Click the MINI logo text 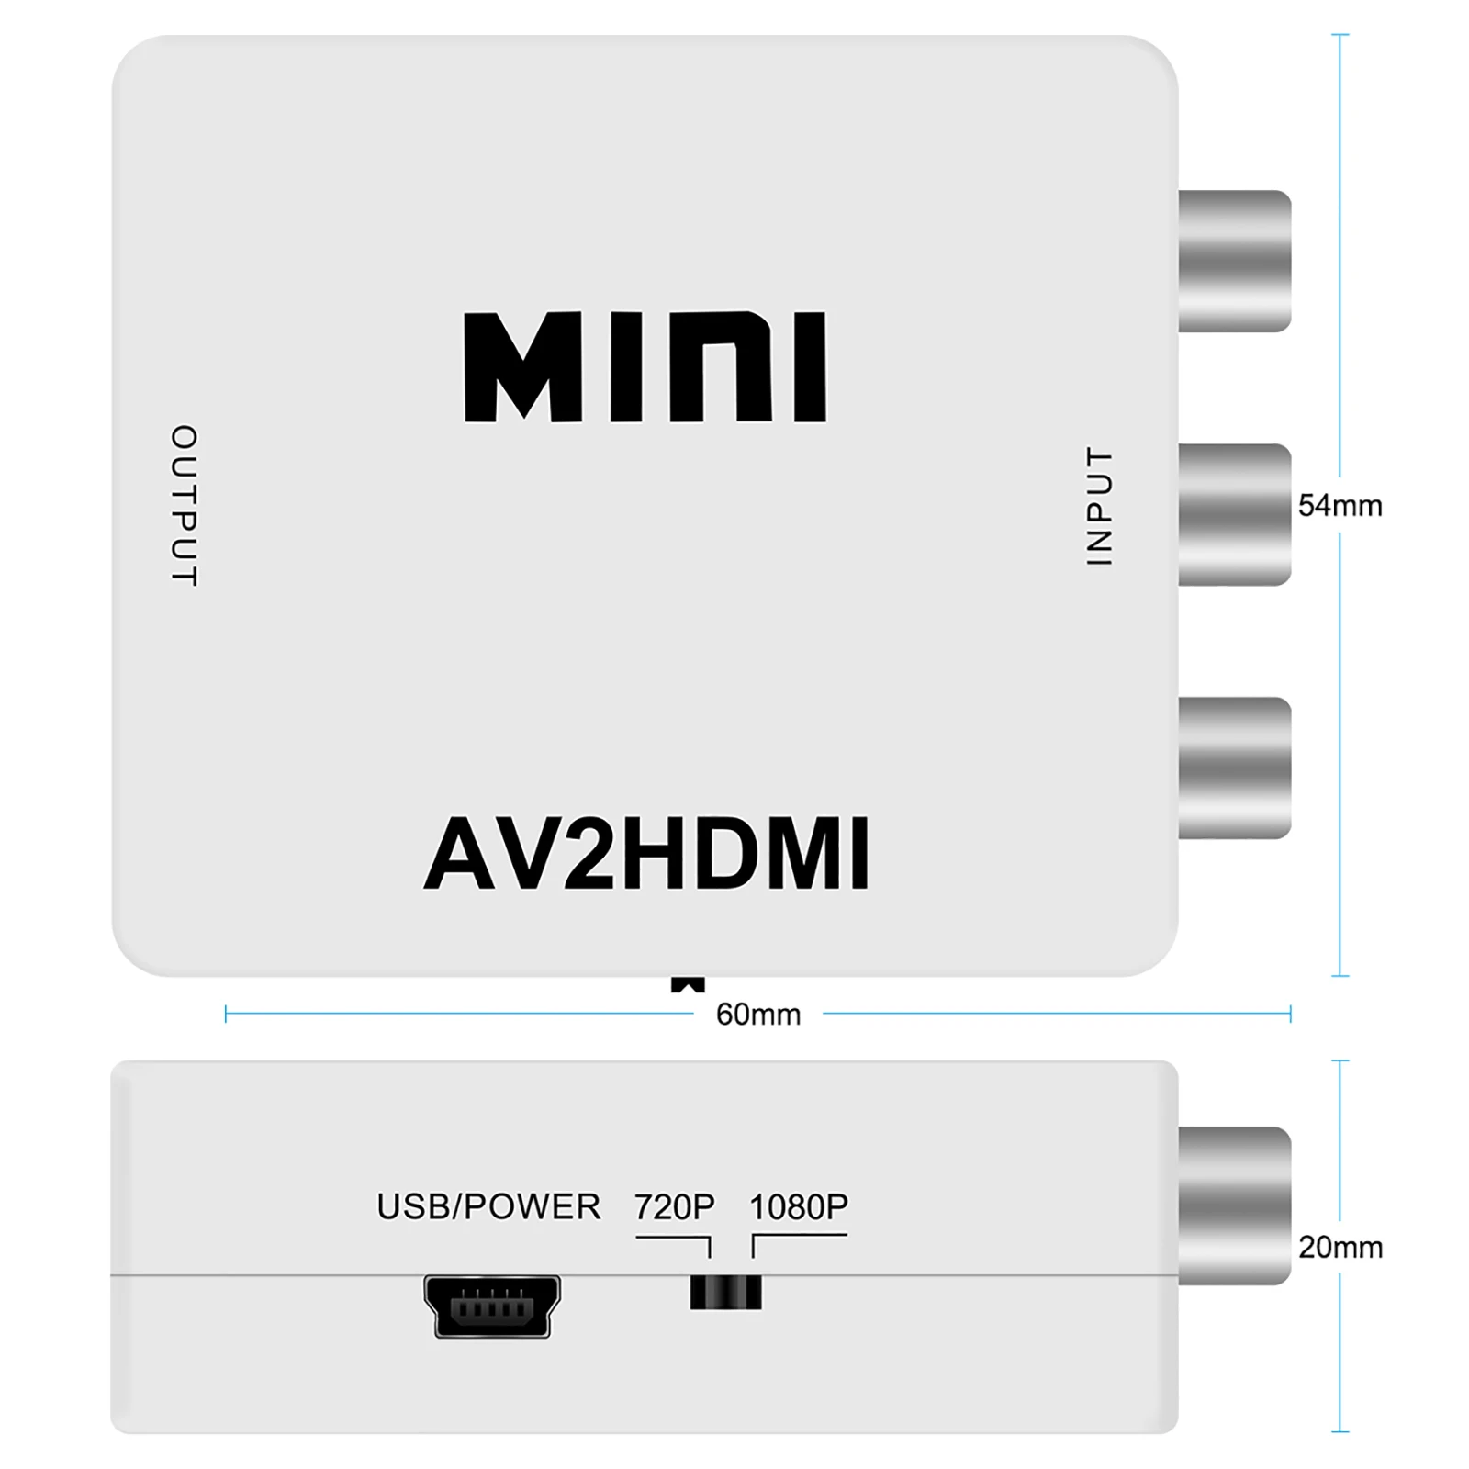[x=645, y=367]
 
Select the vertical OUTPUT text [x=185, y=505]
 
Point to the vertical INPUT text [x=1099, y=506]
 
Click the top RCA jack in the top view [x=1234, y=261]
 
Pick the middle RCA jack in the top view [x=1234, y=514]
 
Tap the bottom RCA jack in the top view [x=1234, y=768]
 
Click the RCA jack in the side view [x=1234, y=1205]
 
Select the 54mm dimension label [x=1340, y=506]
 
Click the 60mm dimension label [x=758, y=1015]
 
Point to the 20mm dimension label [x=1340, y=1248]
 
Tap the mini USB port [x=492, y=1306]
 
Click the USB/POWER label [x=488, y=1206]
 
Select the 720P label [x=675, y=1206]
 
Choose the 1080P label [x=799, y=1206]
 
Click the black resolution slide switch [x=725, y=1293]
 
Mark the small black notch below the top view [x=688, y=985]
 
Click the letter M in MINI [x=523, y=367]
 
